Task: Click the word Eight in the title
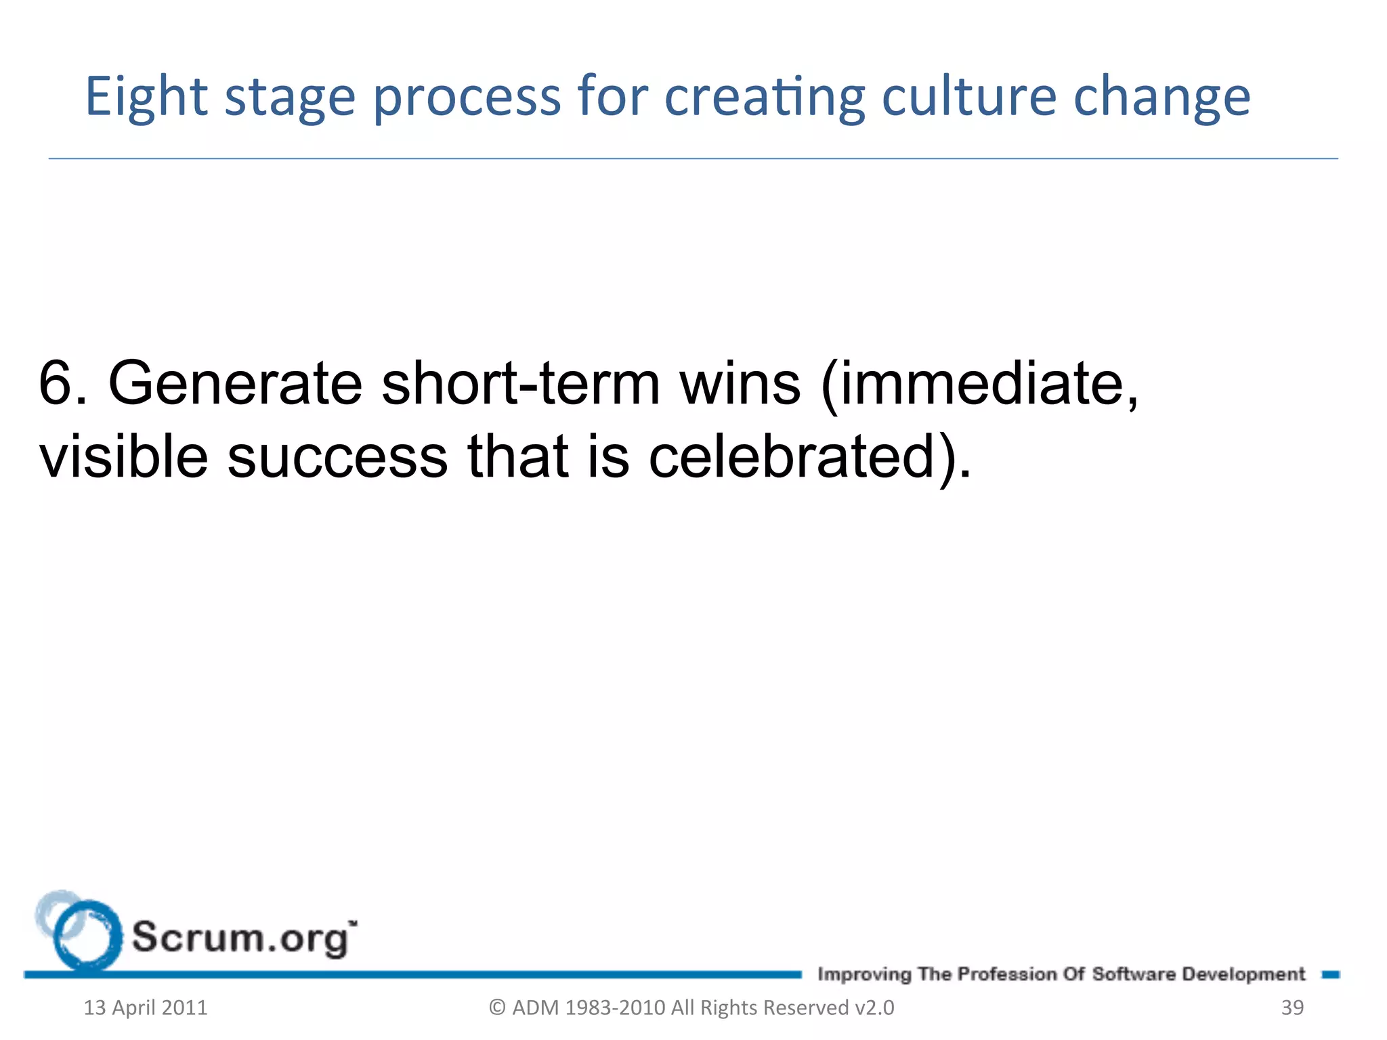pos(146,97)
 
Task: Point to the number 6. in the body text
pos(63,384)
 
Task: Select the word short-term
pos(520,384)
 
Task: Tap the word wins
pos(740,384)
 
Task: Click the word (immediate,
pos(979,384)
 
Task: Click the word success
pos(337,456)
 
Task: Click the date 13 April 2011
pos(145,1007)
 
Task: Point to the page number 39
pos(1292,1007)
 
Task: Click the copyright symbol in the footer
pos(497,1007)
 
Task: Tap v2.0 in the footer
pos(874,1007)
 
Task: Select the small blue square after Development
pos(1330,974)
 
